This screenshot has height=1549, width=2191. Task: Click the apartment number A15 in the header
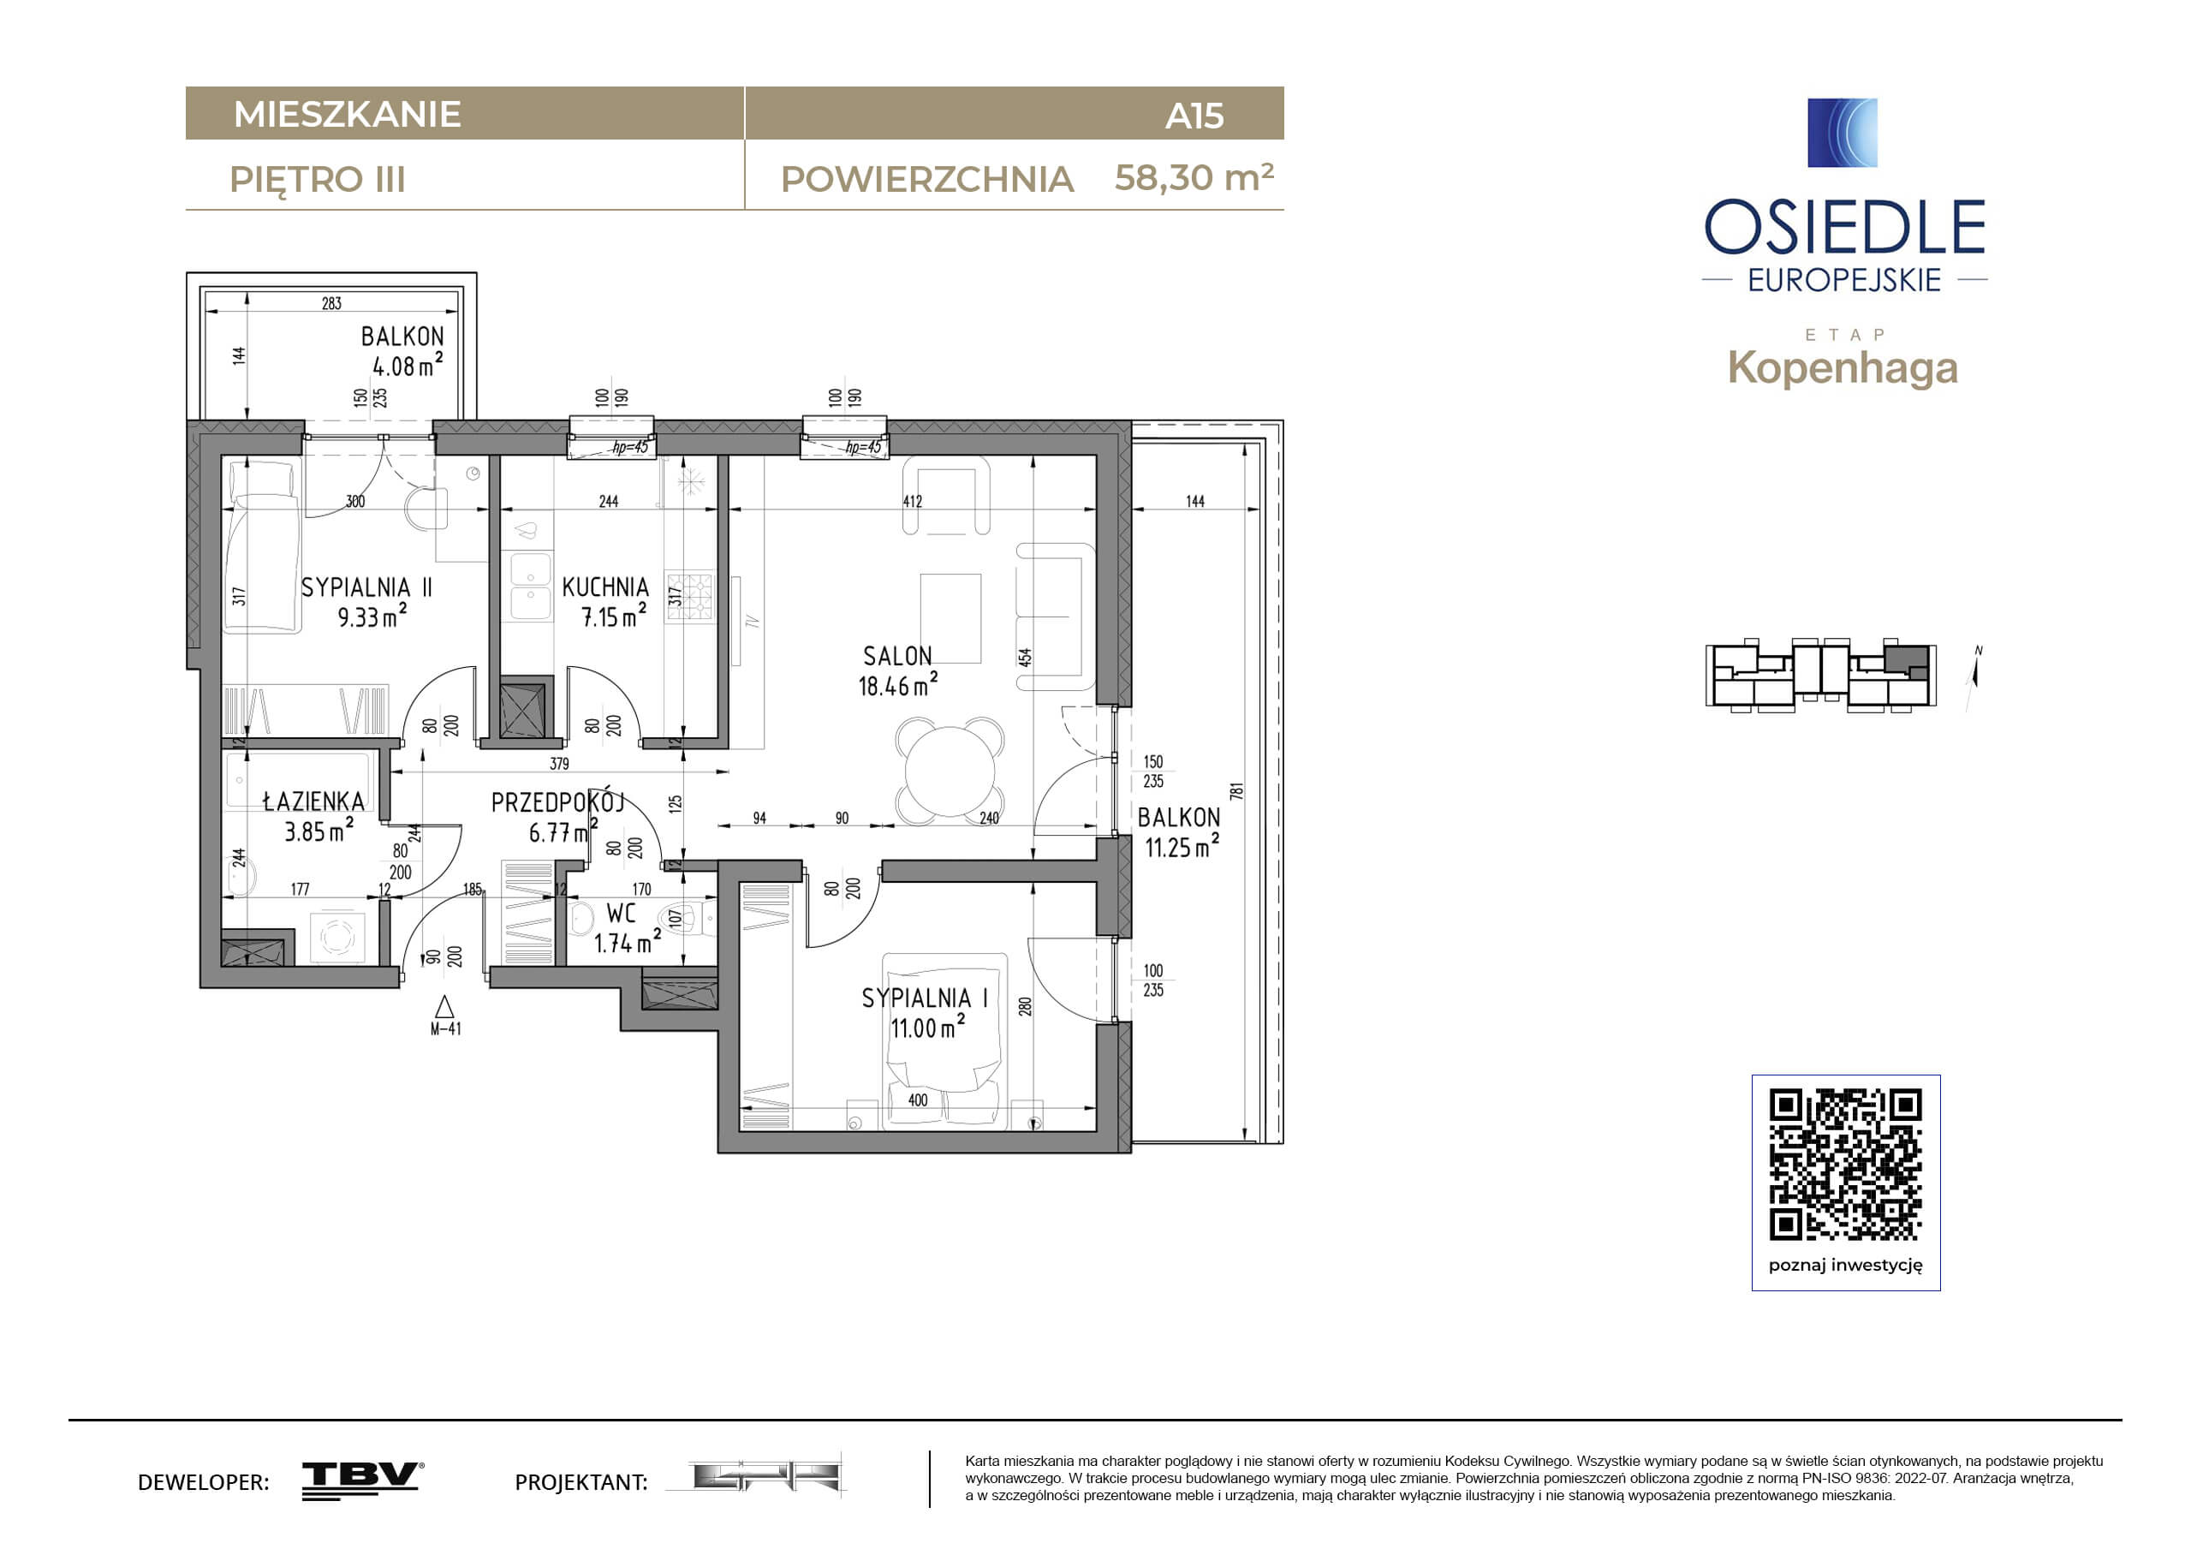point(1194,116)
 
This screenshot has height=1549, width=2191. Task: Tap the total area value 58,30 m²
point(1194,177)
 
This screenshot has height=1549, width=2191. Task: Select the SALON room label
point(897,657)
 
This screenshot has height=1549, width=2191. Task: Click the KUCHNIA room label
point(605,587)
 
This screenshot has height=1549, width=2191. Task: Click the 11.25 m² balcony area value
point(1182,847)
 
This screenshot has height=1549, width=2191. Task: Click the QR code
point(1846,1165)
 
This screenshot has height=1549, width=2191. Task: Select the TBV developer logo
point(363,1480)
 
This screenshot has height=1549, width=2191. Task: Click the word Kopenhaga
point(1843,368)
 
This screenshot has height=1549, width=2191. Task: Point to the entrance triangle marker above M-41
point(444,1007)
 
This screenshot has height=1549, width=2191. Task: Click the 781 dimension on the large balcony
point(1236,791)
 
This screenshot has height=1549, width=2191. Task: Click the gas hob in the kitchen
point(690,597)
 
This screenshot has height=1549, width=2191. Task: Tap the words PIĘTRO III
point(318,180)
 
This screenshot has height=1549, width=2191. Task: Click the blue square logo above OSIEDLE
point(1843,133)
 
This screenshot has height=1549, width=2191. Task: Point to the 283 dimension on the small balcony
point(331,303)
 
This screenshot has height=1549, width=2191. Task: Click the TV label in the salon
point(752,622)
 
